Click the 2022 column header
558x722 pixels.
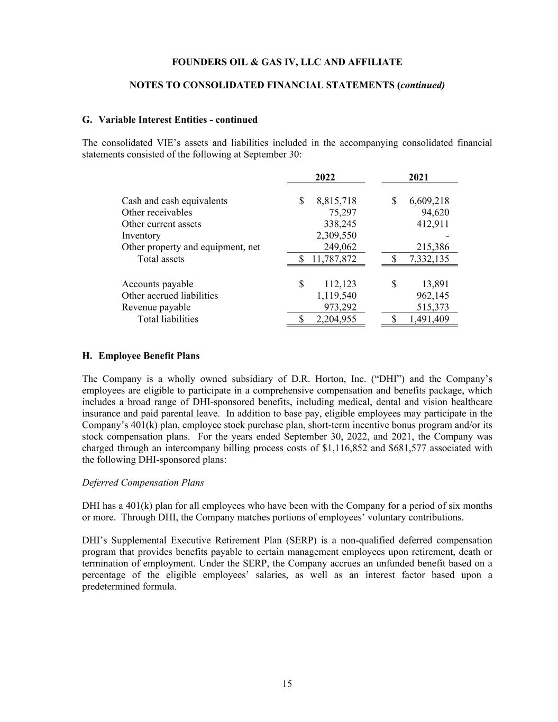[325, 177]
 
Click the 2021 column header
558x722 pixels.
[418, 177]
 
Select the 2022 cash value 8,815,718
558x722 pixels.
[336, 201]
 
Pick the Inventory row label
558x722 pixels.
[141, 236]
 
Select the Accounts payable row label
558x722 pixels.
[157, 284]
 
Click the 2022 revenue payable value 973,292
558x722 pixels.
[340, 307]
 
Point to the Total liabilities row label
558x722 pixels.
[168, 319]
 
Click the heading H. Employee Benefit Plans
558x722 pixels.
[141, 356]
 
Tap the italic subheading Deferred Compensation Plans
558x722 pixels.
[143, 483]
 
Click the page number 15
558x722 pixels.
[287, 684]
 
